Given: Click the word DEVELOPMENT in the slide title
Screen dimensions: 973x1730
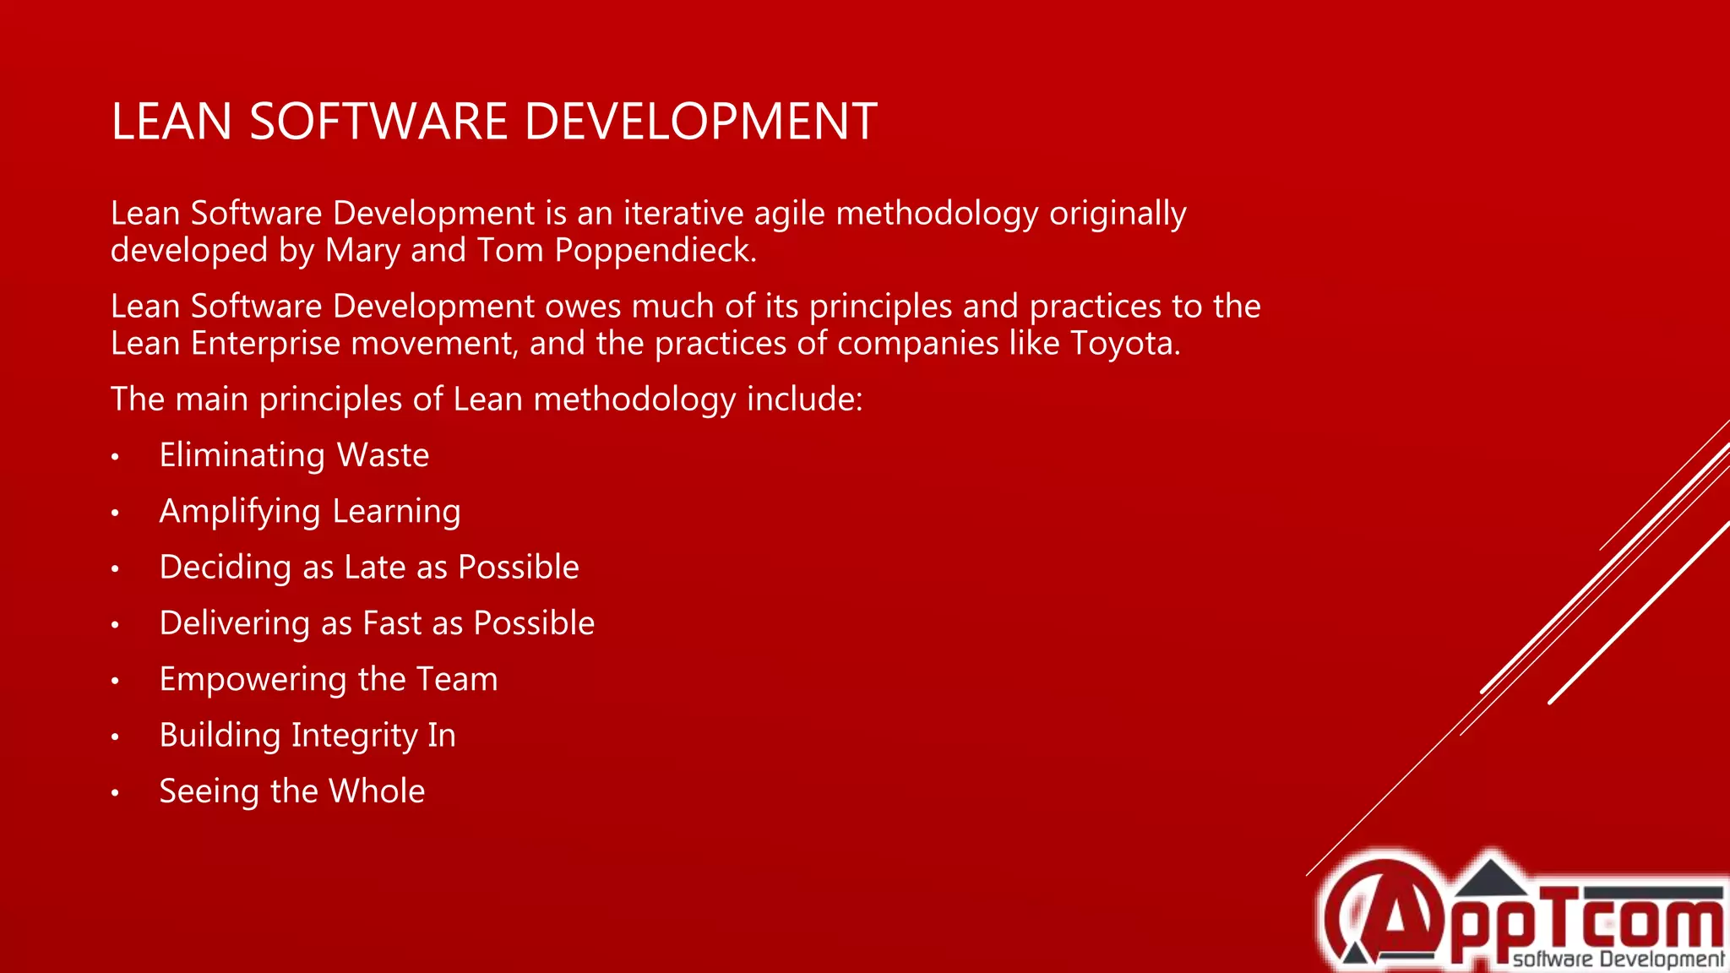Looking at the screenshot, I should (700, 122).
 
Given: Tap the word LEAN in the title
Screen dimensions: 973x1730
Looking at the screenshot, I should (171, 122).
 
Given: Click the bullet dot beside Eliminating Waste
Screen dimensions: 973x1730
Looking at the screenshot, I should (115, 458).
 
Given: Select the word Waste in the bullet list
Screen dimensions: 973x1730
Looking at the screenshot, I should (383, 456).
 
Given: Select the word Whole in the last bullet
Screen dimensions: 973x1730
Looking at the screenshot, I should (377, 791).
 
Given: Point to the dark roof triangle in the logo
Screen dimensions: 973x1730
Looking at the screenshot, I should (1491, 878).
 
